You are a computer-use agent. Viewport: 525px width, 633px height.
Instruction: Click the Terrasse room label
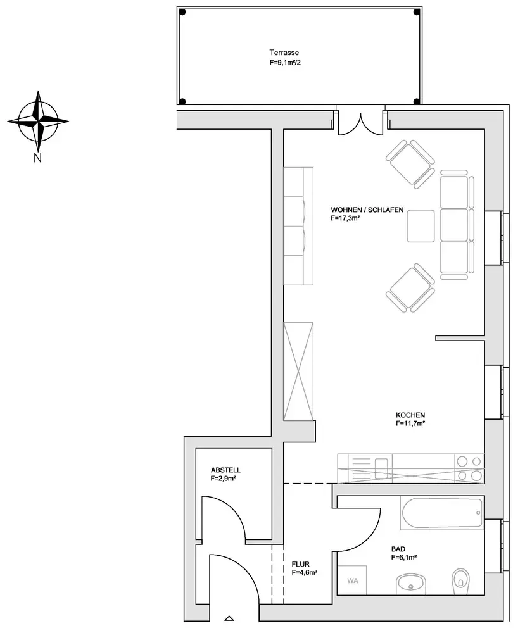click(x=284, y=53)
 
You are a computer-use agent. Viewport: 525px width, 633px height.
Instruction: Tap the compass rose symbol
click(x=38, y=121)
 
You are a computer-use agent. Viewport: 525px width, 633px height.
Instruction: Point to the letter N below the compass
click(x=37, y=158)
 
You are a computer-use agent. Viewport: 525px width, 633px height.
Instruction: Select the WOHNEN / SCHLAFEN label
click(x=367, y=210)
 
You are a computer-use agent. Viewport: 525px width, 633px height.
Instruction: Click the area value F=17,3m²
click(x=345, y=218)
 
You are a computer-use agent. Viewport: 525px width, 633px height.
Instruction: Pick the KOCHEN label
click(x=410, y=415)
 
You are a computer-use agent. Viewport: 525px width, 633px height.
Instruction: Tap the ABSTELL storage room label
click(x=225, y=470)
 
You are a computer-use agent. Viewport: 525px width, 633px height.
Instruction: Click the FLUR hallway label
click(x=300, y=565)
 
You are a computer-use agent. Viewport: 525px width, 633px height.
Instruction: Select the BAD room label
click(x=398, y=549)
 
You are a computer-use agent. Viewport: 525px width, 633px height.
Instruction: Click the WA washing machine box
click(x=352, y=580)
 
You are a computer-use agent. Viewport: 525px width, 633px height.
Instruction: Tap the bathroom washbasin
click(x=411, y=584)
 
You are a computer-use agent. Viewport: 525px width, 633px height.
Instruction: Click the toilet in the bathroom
click(x=460, y=581)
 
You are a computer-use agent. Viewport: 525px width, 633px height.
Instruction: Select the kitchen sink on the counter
click(x=381, y=468)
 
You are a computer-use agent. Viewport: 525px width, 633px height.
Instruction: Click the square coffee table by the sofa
click(x=421, y=226)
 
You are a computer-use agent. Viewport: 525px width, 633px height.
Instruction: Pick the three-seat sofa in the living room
click(x=457, y=225)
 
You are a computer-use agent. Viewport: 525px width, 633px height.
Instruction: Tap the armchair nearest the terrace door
click(x=410, y=163)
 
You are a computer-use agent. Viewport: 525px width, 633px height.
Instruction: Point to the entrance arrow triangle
click(x=229, y=618)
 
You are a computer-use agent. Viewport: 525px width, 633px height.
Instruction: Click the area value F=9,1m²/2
click(x=285, y=63)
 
